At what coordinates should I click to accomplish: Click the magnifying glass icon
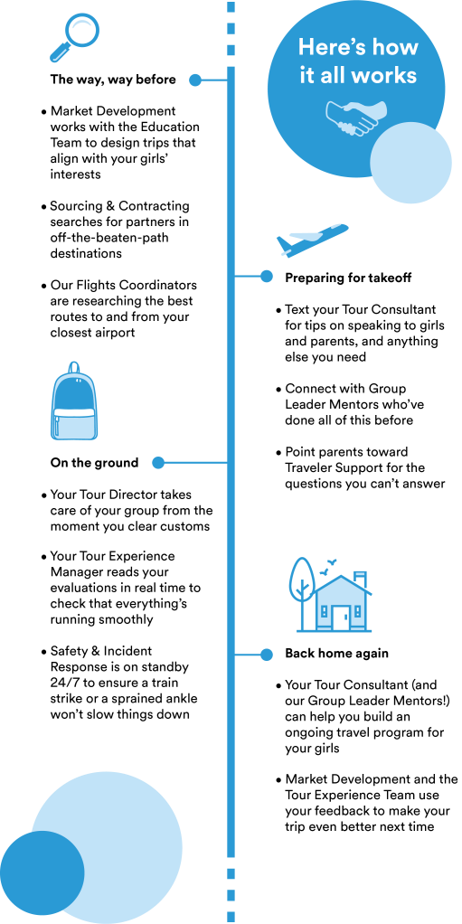click(72, 35)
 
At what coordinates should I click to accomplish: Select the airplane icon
click(312, 240)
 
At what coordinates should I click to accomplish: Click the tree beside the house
click(302, 594)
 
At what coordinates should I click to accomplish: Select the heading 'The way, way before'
click(113, 80)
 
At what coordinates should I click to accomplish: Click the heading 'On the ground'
click(94, 463)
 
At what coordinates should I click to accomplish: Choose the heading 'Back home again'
click(336, 654)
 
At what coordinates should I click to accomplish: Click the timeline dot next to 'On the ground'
click(158, 463)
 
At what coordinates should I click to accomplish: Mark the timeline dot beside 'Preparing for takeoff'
click(267, 277)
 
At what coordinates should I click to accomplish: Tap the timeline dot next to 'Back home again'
click(267, 654)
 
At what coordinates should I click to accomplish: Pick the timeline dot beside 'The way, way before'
click(195, 80)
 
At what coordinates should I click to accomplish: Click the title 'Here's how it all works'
click(358, 61)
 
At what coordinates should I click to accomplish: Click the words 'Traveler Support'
click(335, 468)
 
